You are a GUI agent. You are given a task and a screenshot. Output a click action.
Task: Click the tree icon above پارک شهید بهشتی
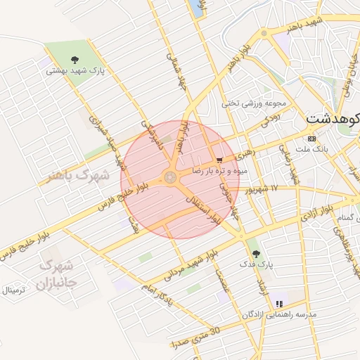75,60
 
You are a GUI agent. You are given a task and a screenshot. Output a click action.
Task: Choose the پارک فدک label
257,264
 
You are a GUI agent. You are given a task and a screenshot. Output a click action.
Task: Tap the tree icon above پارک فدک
255,253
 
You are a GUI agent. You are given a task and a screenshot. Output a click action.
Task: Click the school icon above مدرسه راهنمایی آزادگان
280,304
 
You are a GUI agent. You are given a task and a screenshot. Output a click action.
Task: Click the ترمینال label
13,290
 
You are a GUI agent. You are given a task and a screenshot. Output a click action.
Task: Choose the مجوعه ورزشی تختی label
245,103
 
